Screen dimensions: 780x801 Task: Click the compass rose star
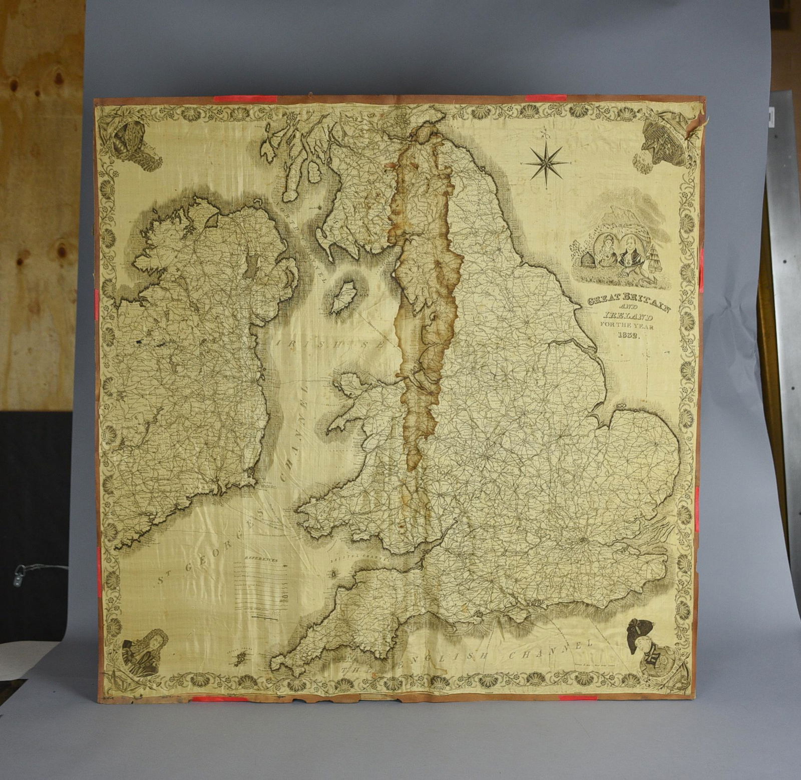[546, 162]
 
